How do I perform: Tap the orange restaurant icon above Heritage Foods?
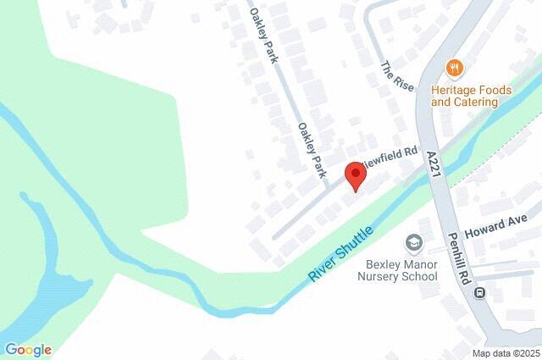455,69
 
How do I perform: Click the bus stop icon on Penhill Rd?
480,294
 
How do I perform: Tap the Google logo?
28,349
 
